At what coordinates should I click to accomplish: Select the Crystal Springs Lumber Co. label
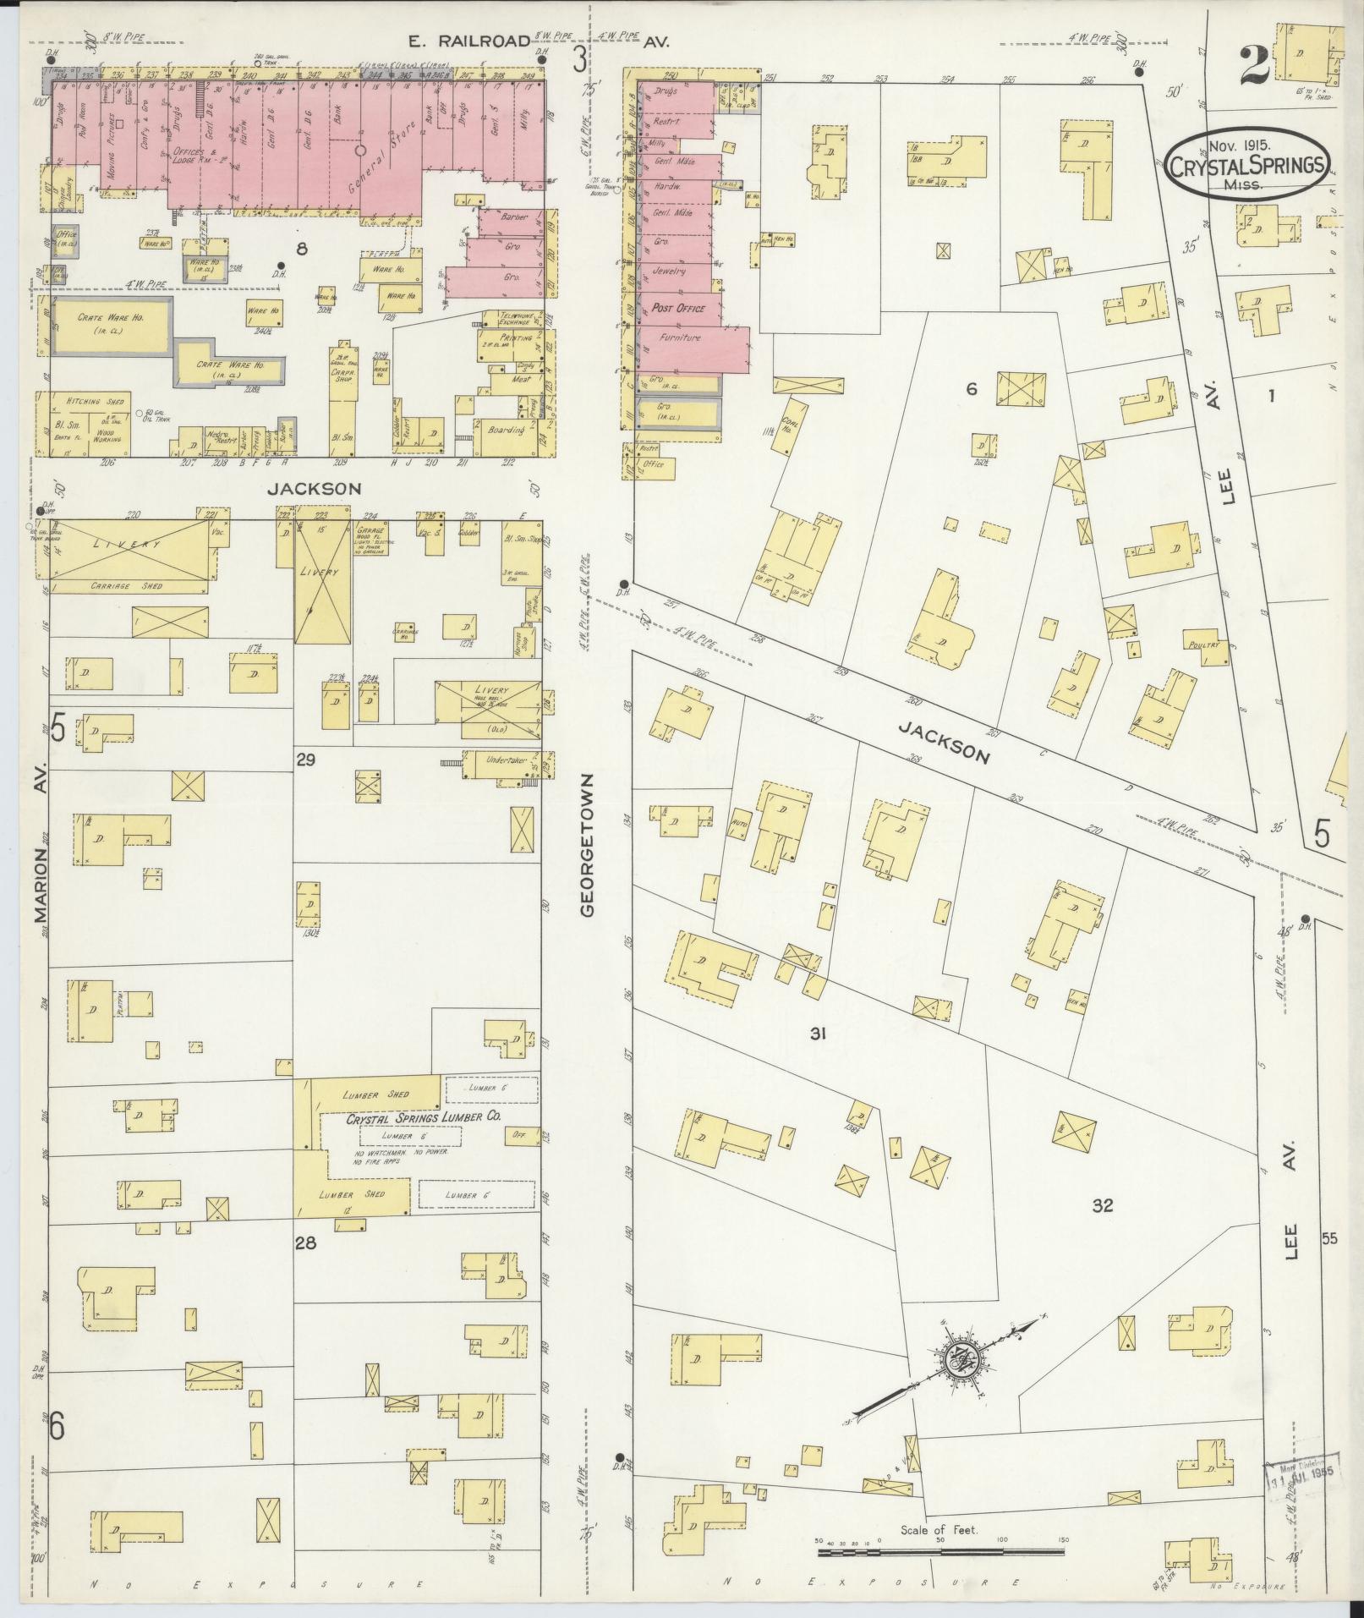[424, 1117]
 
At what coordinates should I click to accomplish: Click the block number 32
[1102, 1206]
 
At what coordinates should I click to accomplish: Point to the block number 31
[817, 1033]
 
